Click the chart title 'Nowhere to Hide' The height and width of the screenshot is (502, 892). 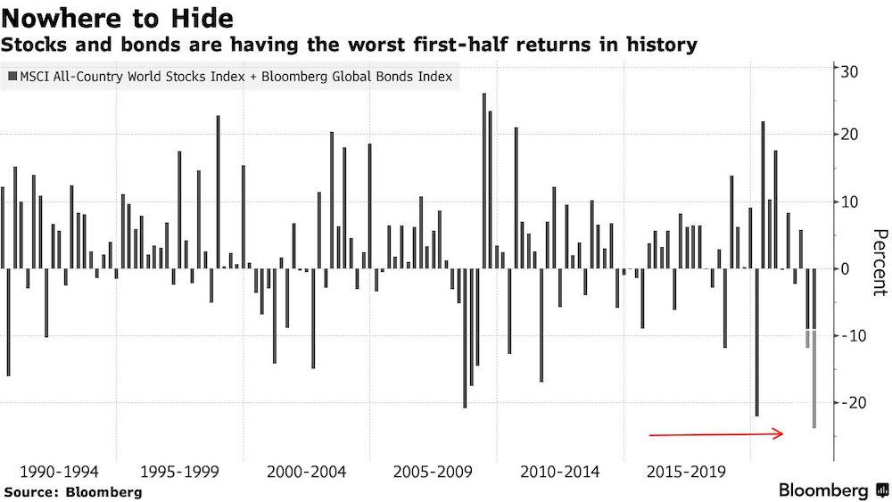click(119, 17)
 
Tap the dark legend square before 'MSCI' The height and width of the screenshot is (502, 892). click(11, 78)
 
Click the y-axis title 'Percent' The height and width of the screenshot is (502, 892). click(878, 262)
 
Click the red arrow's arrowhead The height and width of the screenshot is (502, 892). click(779, 434)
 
